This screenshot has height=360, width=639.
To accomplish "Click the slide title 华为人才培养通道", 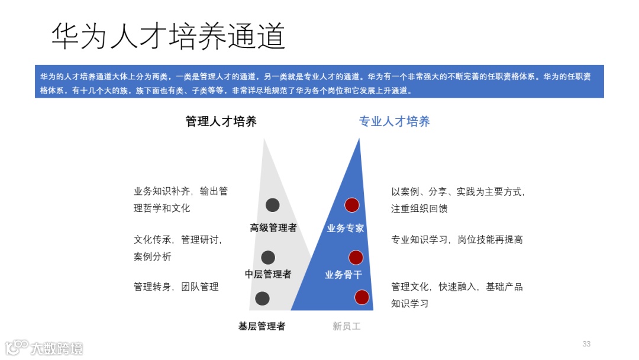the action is (x=168, y=37).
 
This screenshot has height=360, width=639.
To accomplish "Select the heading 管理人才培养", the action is (x=221, y=122).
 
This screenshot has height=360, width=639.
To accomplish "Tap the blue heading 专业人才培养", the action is (x=394, y=122).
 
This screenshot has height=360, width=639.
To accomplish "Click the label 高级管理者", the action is (x=273, y=228).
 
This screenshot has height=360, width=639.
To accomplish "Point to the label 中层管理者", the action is (x=268, y=274).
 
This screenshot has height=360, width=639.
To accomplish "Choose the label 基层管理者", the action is (x=262, y=326).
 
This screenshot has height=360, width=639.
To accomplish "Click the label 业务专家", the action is (x=346, y=228).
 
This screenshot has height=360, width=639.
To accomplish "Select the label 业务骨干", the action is (x=343, y=274).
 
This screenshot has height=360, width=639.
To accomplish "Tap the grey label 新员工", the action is (x=346, y=326).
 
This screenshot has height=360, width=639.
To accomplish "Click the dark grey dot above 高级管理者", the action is (x=272, y=205).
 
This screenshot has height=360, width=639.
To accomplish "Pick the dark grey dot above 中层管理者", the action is (x=268, y=258).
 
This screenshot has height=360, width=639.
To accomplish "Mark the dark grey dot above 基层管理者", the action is (x=262, y=298).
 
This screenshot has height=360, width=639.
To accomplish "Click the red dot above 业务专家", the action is (x=352, y=205).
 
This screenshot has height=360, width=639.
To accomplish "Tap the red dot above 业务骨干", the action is (x=356, y=257).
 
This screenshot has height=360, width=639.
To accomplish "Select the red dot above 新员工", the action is (x=362, y=297).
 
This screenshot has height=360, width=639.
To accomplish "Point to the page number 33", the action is (x=586, y=344).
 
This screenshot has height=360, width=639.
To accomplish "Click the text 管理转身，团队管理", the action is (x=176, y=287).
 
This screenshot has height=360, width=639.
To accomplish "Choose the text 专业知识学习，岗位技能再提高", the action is (x=457, y=240).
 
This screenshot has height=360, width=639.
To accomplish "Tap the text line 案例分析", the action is (x=152, y=257).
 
